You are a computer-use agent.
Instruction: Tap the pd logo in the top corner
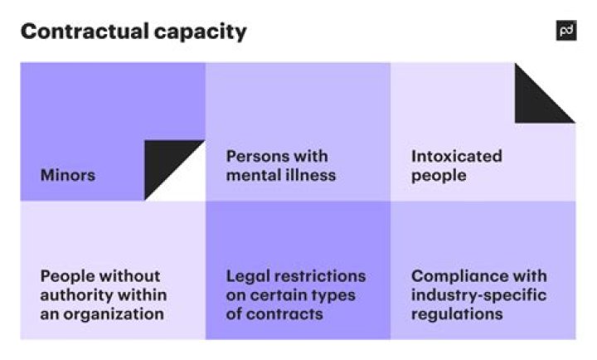(x=566, y=31)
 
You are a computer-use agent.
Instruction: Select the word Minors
(x=68, y=175)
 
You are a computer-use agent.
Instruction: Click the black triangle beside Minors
(x=166, y=162)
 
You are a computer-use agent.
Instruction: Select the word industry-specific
(x=479, y=295)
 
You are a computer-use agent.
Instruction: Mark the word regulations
(x=458, y=314)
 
